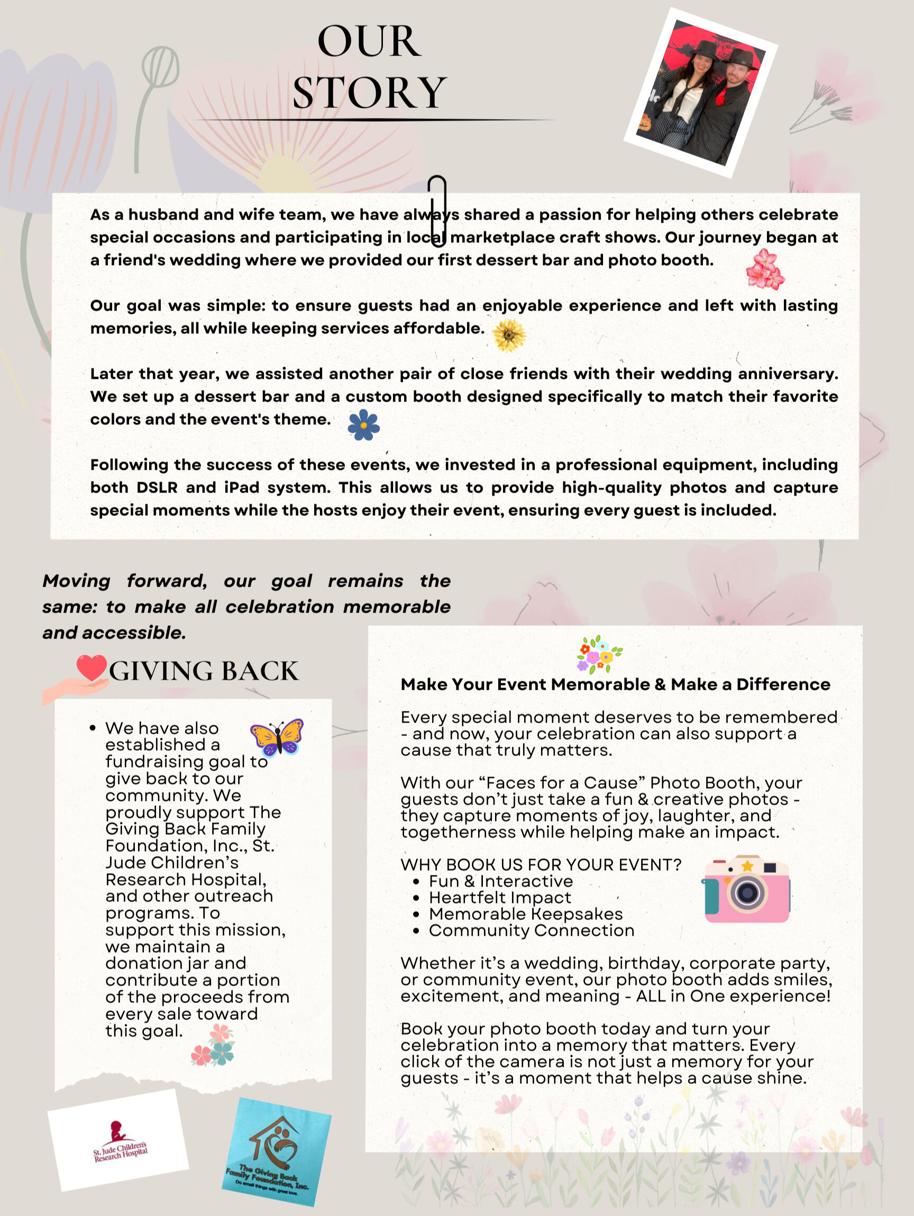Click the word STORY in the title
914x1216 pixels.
pos(369,93)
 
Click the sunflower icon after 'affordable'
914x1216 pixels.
pos(509,335)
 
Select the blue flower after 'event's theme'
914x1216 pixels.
pos(364,425)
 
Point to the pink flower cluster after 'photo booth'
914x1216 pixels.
pos(765,269)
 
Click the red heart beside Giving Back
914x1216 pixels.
pos(91,668)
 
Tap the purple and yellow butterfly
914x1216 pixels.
pos(277,737)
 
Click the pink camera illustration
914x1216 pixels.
pos(746,889)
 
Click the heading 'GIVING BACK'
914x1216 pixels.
pos(204,671)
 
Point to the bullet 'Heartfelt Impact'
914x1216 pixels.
pos(500,897)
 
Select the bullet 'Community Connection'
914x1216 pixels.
pos(531,930)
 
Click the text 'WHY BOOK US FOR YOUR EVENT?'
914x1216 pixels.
pos(541,865)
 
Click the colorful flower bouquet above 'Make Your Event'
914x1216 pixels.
pos(599,654)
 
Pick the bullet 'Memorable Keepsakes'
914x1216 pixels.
pos(525,913)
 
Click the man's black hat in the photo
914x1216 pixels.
pos(742,57)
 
